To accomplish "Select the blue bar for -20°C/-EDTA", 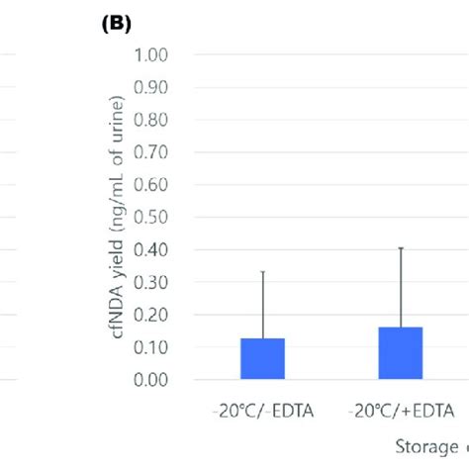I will click(263, 359).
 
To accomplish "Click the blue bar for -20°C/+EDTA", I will click(401, 353).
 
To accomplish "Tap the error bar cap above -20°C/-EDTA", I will click(263, 271).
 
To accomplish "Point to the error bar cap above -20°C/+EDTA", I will click(401, 247).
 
